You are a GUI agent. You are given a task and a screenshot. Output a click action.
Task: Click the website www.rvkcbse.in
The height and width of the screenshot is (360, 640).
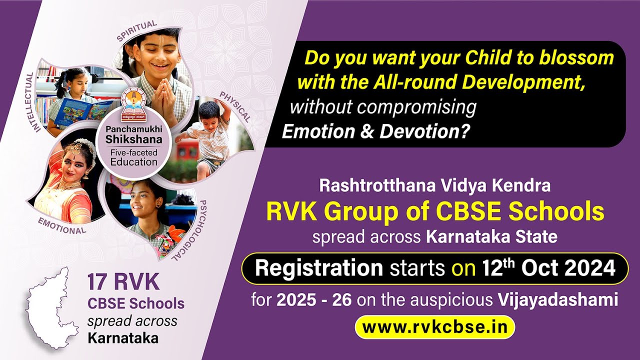434,327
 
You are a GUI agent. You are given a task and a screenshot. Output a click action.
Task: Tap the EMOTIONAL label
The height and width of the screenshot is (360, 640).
62,226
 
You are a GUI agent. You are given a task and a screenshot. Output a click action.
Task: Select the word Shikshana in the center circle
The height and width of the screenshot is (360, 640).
133,139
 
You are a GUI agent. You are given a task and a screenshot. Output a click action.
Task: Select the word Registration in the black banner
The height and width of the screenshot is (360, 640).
318,269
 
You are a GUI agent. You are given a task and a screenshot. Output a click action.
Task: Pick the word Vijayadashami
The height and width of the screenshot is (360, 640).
558,300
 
